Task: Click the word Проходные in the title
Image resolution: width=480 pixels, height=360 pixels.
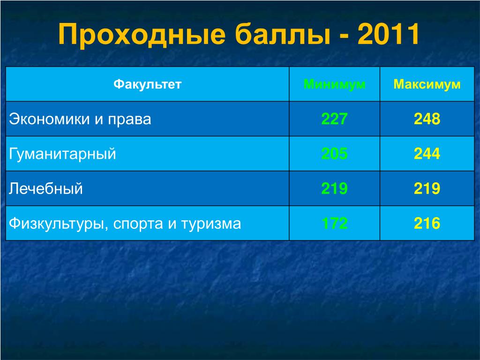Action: tap(142, 34)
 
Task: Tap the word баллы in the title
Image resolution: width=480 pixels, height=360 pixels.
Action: tap(283, 34)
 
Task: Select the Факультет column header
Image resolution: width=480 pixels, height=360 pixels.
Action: tap(148, 84)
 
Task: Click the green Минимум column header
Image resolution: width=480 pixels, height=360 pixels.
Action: tap(334, 84)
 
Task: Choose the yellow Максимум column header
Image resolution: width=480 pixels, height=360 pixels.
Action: tap(427, 84)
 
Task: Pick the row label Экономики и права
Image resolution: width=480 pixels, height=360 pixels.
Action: tap(80, 119)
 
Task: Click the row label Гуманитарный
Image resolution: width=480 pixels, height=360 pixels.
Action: tap(62, 154)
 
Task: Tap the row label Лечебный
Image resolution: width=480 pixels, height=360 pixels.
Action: tap(45, 188)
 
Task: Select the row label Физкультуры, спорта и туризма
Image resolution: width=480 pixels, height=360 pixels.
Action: tap(125, 224)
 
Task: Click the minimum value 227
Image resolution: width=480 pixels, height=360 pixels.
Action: tap(334, 119)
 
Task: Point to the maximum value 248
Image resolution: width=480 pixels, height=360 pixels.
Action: tap(427, 119)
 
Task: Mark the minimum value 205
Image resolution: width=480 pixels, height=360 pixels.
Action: tap(334, 154)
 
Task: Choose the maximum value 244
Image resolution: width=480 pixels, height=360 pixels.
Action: tap(427, 154)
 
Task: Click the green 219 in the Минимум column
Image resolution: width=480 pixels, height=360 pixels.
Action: tap(334, 188)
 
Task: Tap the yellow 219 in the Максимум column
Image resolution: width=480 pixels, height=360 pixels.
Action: tap(427, 188)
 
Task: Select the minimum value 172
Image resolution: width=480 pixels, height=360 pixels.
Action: tap(334, 223)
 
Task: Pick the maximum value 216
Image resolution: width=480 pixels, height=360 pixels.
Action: tap(427, 223)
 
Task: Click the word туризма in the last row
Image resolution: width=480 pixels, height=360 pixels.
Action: tap(211, 225)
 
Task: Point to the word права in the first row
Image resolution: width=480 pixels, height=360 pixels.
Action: tap(129, 120)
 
